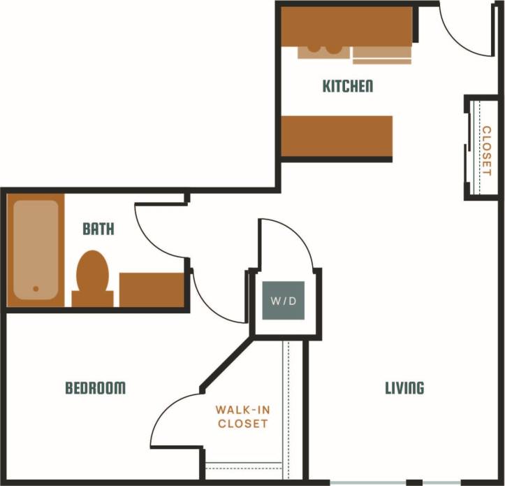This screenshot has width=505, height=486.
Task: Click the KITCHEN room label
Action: (347, 86)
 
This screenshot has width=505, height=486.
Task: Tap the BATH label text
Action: (98, 229)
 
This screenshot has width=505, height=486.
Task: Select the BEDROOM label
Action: (96, 388)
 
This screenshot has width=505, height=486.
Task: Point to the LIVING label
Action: (404, 388)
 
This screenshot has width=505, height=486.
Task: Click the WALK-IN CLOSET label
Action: (242, 417)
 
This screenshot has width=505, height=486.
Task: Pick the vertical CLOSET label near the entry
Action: (486, 150)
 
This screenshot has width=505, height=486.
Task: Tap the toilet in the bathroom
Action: (93, 276)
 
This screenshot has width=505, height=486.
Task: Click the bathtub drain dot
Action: (35, 287)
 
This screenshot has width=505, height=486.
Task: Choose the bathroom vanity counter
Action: (152, 289)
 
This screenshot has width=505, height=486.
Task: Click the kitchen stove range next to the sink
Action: (381, 55)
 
